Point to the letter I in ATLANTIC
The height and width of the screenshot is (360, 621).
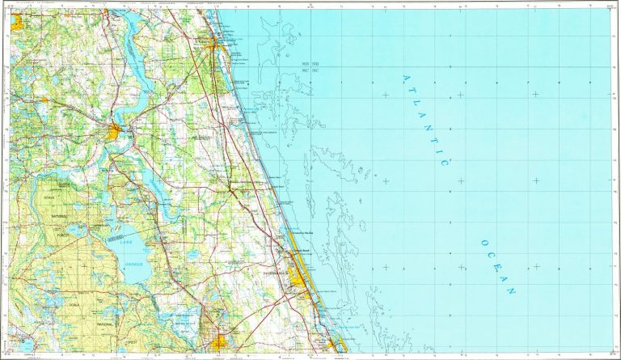coord(443,150)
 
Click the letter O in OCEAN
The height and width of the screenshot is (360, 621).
coord(481,242)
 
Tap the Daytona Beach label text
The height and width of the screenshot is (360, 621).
coord(301,252)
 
